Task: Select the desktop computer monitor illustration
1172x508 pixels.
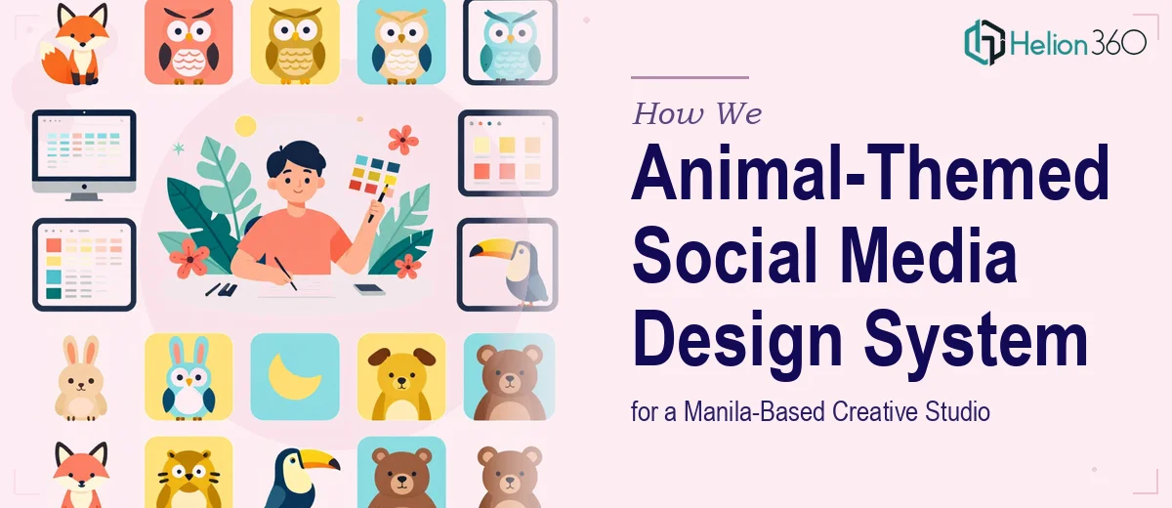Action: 84,155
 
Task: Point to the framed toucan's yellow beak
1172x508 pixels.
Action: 492,247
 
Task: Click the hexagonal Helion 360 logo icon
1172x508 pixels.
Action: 984,42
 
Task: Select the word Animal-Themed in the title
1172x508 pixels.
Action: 870,173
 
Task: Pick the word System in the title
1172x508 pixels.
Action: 976,339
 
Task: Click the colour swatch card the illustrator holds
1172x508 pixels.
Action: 375,174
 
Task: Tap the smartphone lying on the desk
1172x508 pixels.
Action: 369,289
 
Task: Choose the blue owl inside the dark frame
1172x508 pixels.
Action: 510,45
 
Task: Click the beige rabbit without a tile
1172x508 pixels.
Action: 81,378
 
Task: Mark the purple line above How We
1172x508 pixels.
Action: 690,77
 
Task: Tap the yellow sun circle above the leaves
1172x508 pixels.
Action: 245,126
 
